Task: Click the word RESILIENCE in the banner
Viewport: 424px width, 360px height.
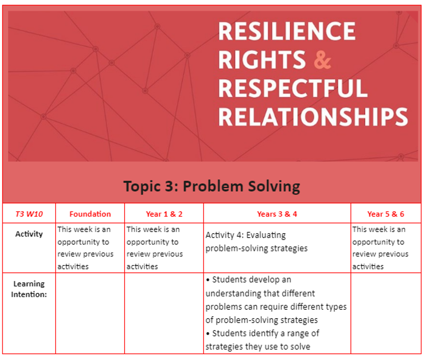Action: click(x=287, y=31)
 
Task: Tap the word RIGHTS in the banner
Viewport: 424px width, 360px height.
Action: click(x=262, y=59)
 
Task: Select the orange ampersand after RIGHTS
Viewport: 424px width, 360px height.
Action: click(x=322, y=60)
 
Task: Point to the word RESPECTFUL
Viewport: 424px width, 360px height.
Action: click(x=293, y=88)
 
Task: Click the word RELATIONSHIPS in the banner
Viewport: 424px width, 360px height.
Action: click(x=313, y=117)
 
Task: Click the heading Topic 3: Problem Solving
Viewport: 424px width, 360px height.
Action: click(x=212, y=186)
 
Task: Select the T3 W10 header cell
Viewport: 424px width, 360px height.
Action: click(x=29, y=214)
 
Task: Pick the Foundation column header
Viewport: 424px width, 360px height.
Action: click(x=90, y=214)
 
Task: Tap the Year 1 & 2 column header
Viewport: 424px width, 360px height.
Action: click(x=164, y=214)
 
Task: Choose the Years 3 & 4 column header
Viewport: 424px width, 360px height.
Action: click(x=277, y=214)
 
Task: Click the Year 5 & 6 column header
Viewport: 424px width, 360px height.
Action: click(x=385, y=214)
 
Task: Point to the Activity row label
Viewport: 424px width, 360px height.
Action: click(x=29, y=234)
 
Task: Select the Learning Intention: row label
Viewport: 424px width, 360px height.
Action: click(x=29, y=289)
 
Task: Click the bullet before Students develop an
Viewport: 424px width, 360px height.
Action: click(x=208, y=280)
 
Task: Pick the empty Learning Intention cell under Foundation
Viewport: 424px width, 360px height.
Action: click(x=90, y=313)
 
